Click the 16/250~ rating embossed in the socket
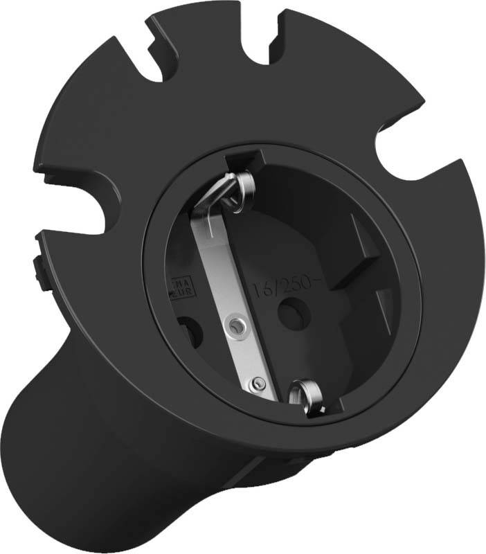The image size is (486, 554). coord(280,283)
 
